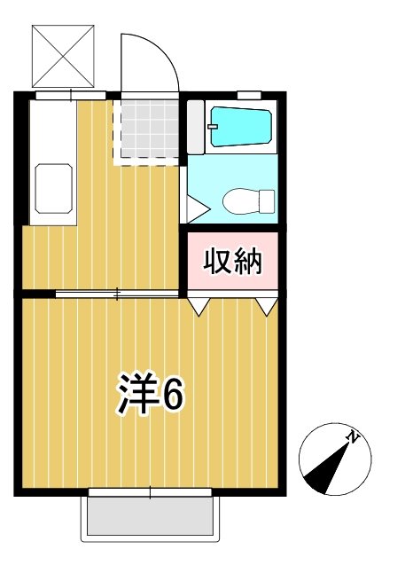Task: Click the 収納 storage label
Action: (233, 262)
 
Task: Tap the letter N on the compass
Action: (354, 436)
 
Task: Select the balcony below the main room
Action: (150, 516)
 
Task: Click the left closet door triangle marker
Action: (199, 305)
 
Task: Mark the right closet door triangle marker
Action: (268, 305)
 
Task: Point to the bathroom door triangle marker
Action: (196, 209)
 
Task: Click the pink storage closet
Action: (234, 262)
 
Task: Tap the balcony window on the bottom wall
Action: (150, 492)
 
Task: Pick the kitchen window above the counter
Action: (66, 92)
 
